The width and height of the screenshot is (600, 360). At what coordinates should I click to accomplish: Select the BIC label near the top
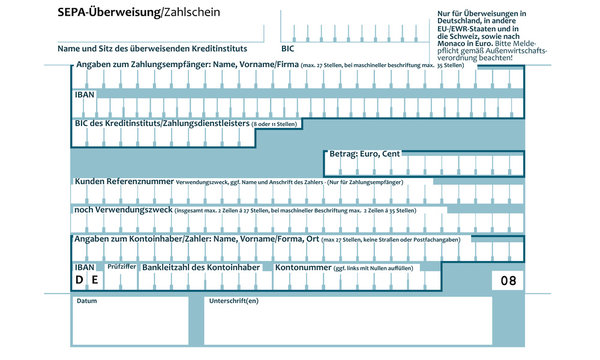tap(288, 47)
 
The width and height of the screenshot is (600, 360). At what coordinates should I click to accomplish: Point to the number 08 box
tap(509, 281)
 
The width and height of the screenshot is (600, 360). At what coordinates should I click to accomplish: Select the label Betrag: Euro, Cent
tap(365, 155)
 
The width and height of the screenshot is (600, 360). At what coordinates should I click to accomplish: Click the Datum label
tap(87, 301)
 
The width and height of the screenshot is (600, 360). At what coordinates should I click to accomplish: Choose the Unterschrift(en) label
tap(233, 301)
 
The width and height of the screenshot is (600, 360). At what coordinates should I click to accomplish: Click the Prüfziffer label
tap(121, 268)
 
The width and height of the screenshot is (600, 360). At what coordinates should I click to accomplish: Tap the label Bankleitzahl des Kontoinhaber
tap(200, 268)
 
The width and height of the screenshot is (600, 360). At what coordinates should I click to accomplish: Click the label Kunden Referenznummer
tap(122, 183)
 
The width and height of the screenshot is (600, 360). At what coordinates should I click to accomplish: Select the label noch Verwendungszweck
tap(121, 211)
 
